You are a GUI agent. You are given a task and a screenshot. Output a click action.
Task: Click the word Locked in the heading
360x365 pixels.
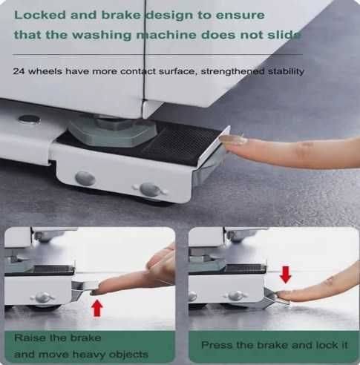[40, 15]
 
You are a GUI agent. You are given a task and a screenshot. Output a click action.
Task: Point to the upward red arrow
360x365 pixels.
[96, 308]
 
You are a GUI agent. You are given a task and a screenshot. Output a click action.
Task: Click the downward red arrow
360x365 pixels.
[286, 274]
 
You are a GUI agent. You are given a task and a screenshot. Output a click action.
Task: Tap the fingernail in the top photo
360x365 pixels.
[232, 140]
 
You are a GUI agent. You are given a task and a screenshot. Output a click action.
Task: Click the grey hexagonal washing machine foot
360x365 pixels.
[112, 131]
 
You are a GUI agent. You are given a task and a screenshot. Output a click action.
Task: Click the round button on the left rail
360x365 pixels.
[29, 119]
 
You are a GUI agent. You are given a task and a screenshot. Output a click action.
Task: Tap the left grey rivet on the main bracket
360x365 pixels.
[85, 178]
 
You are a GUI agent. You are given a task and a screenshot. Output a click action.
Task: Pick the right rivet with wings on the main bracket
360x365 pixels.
[150, 190]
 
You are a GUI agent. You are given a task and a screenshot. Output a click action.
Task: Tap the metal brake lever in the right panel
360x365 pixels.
[275, 298]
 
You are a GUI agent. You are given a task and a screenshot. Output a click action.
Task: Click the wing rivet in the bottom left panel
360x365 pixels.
[42, 297]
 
